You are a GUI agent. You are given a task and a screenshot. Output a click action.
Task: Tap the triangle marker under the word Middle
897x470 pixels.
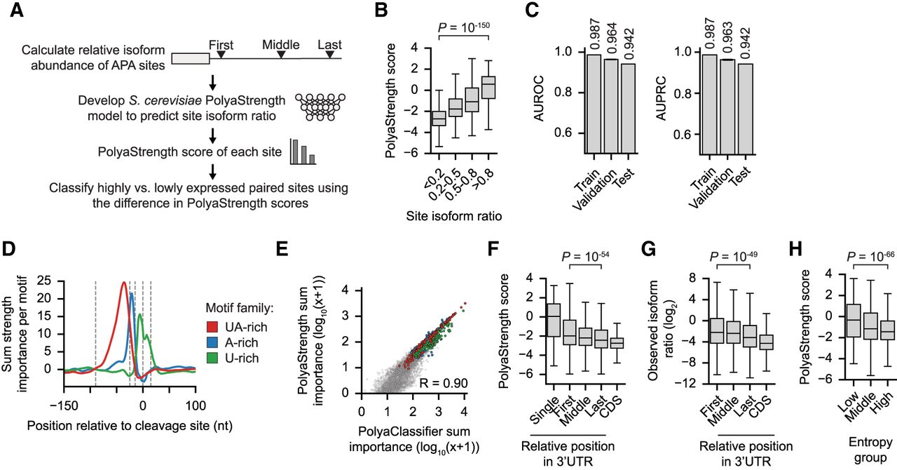(282, 53)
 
